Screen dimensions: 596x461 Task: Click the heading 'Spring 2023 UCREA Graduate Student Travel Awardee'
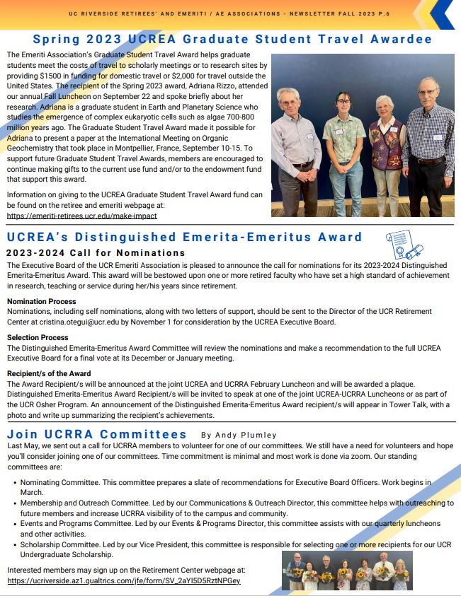pyautogui.click(x=232, y=39)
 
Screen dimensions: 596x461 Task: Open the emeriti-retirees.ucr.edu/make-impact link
pyautogui.click(x=81, y=216)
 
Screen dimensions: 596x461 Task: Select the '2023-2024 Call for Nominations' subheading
pyautogui.click(x=96, y=252)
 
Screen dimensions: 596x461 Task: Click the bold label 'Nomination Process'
pyautogui.click(x=42, y=302)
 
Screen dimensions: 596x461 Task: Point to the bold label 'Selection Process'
pyautogui.click(x=38, y=338)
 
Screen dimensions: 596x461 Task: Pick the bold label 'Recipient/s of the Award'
pyautogui.click(x=49, y=373)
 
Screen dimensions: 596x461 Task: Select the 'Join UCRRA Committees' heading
pyautogui.click(x=97, y=434)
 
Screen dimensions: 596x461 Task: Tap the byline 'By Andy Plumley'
pyautogui.click(x=239, y=436)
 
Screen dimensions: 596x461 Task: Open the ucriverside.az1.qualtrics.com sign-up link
pyautogui.click(x=124, y=580)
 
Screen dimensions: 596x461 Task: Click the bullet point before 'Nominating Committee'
pyautogui.click(x=15, y=482)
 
